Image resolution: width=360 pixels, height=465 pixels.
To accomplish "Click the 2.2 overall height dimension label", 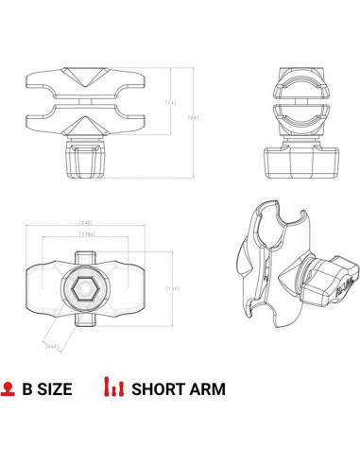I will tap(193, 117).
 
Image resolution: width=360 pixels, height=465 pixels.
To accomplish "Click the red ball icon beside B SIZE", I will tap(9, 387).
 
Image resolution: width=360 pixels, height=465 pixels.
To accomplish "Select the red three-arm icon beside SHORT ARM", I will tap(113, 387).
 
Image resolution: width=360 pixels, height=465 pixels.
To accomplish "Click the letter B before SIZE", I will tap(28, 388).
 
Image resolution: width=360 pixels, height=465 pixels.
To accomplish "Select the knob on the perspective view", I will tap(332, 279).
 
